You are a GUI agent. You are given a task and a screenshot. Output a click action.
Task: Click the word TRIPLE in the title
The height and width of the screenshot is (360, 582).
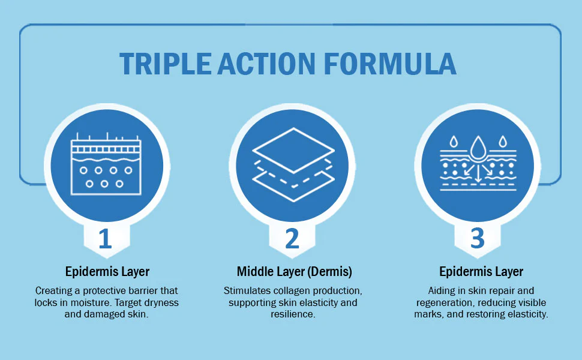(166, 64)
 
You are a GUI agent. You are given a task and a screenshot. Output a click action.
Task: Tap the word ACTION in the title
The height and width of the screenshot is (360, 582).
(266, 64)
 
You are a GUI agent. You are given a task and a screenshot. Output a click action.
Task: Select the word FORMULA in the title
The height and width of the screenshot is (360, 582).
(390, 64)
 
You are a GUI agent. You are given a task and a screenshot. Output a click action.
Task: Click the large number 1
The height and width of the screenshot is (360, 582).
(106, 239)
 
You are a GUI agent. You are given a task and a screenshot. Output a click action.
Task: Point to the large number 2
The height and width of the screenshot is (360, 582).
(292, 239)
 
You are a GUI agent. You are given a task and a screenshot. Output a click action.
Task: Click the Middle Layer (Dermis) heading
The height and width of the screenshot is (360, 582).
(295, 272)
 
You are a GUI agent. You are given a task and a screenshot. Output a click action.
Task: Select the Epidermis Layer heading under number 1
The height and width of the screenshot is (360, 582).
(107, 272)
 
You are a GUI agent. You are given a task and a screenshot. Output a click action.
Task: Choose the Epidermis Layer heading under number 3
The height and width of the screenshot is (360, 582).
(481, 272)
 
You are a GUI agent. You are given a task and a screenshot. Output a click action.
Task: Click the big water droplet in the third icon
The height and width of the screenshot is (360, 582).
(478, 148)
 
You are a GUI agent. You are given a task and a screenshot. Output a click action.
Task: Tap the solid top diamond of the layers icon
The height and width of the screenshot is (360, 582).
(293, 151)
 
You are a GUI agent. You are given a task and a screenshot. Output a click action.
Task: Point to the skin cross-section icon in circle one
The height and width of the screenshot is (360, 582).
(106, 164)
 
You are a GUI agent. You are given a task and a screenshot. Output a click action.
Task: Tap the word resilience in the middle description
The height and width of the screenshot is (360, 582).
(292, 314)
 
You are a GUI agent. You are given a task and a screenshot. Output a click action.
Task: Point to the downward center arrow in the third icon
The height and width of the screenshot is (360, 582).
(478, 173)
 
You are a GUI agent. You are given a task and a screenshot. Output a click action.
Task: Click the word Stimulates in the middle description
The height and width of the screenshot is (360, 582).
(242, 290)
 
